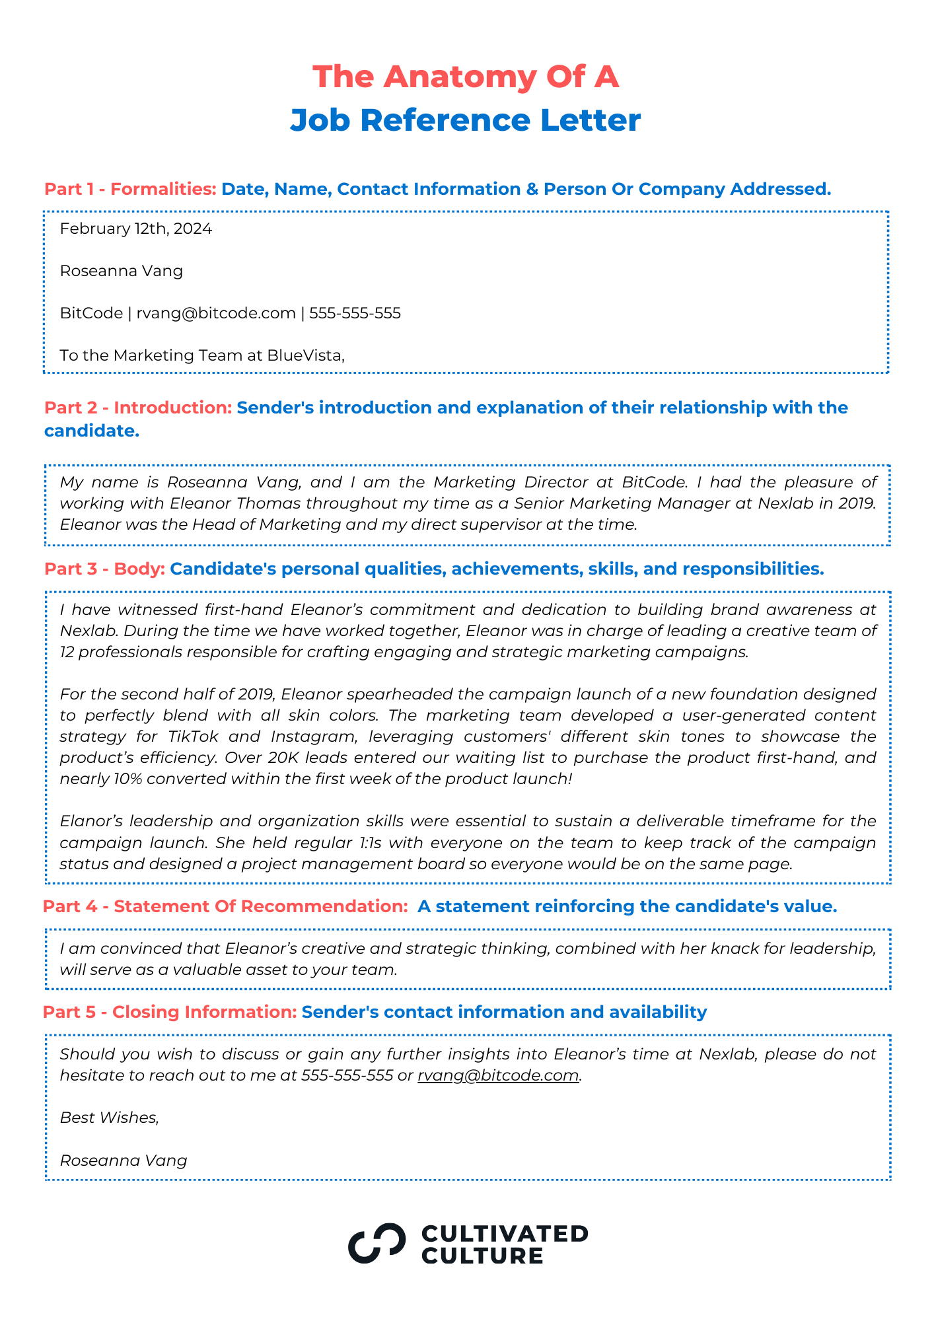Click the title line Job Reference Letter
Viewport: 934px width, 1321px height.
(466, 120)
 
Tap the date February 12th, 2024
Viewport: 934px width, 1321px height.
(135, 229)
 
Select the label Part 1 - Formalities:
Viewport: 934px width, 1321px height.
(130, 190)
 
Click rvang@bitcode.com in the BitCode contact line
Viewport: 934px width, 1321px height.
(216, 313)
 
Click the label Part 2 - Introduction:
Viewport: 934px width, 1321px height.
(138, 408)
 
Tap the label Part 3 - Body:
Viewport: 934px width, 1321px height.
(104, 569)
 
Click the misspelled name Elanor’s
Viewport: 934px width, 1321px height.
(90, 821)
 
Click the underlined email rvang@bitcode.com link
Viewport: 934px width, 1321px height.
(498, 1075)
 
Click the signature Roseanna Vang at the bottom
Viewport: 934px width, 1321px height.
(124, 1160)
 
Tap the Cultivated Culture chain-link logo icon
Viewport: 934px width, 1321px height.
(377, 1243)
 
